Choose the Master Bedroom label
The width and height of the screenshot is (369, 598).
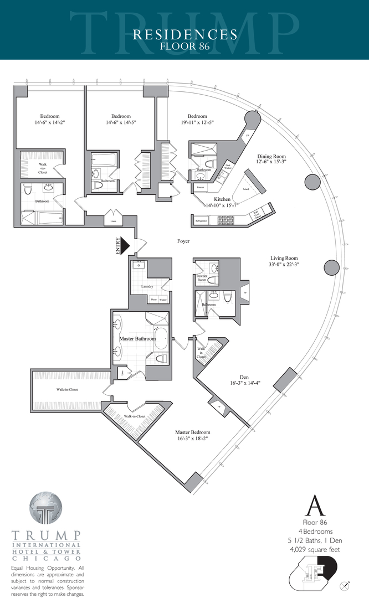click(x=192, y=432)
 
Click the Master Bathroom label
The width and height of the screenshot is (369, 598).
click(x=137, y=338)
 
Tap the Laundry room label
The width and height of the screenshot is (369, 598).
click(x=146, y=286)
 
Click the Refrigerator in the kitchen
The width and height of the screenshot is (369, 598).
click(x=201, y=220)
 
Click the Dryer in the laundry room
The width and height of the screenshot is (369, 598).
click(x=153, y=300)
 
